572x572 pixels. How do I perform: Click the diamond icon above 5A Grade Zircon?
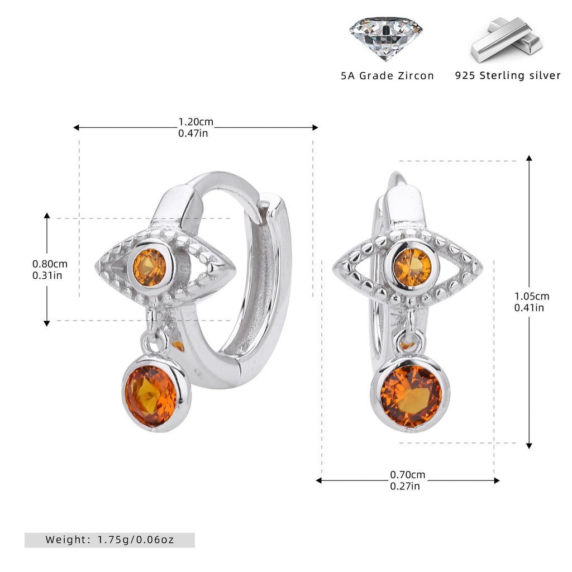(x=386, y=39)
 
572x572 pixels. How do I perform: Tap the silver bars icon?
(x=507, y=40)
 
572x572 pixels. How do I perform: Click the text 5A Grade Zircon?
(x=388, y=75)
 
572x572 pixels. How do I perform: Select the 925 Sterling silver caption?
(x=507, y=75)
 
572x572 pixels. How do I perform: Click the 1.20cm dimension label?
(x=196, y=121)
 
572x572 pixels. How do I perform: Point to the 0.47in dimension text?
(x=193, y=133)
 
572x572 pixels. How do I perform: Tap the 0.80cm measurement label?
(x=50, y=264)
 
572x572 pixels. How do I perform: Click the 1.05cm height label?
(x=532, y=296)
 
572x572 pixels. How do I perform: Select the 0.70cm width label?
(x=407, y=475)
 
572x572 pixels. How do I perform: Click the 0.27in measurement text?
(x=404, y=486)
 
